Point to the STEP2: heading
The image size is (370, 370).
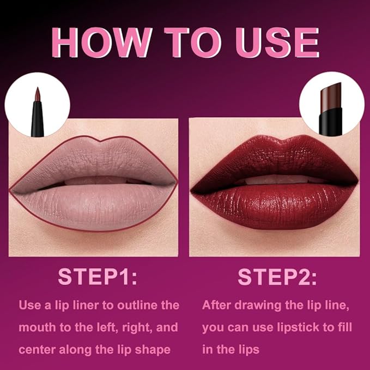(277, 276)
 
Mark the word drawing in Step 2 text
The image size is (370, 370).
(258, 305)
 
